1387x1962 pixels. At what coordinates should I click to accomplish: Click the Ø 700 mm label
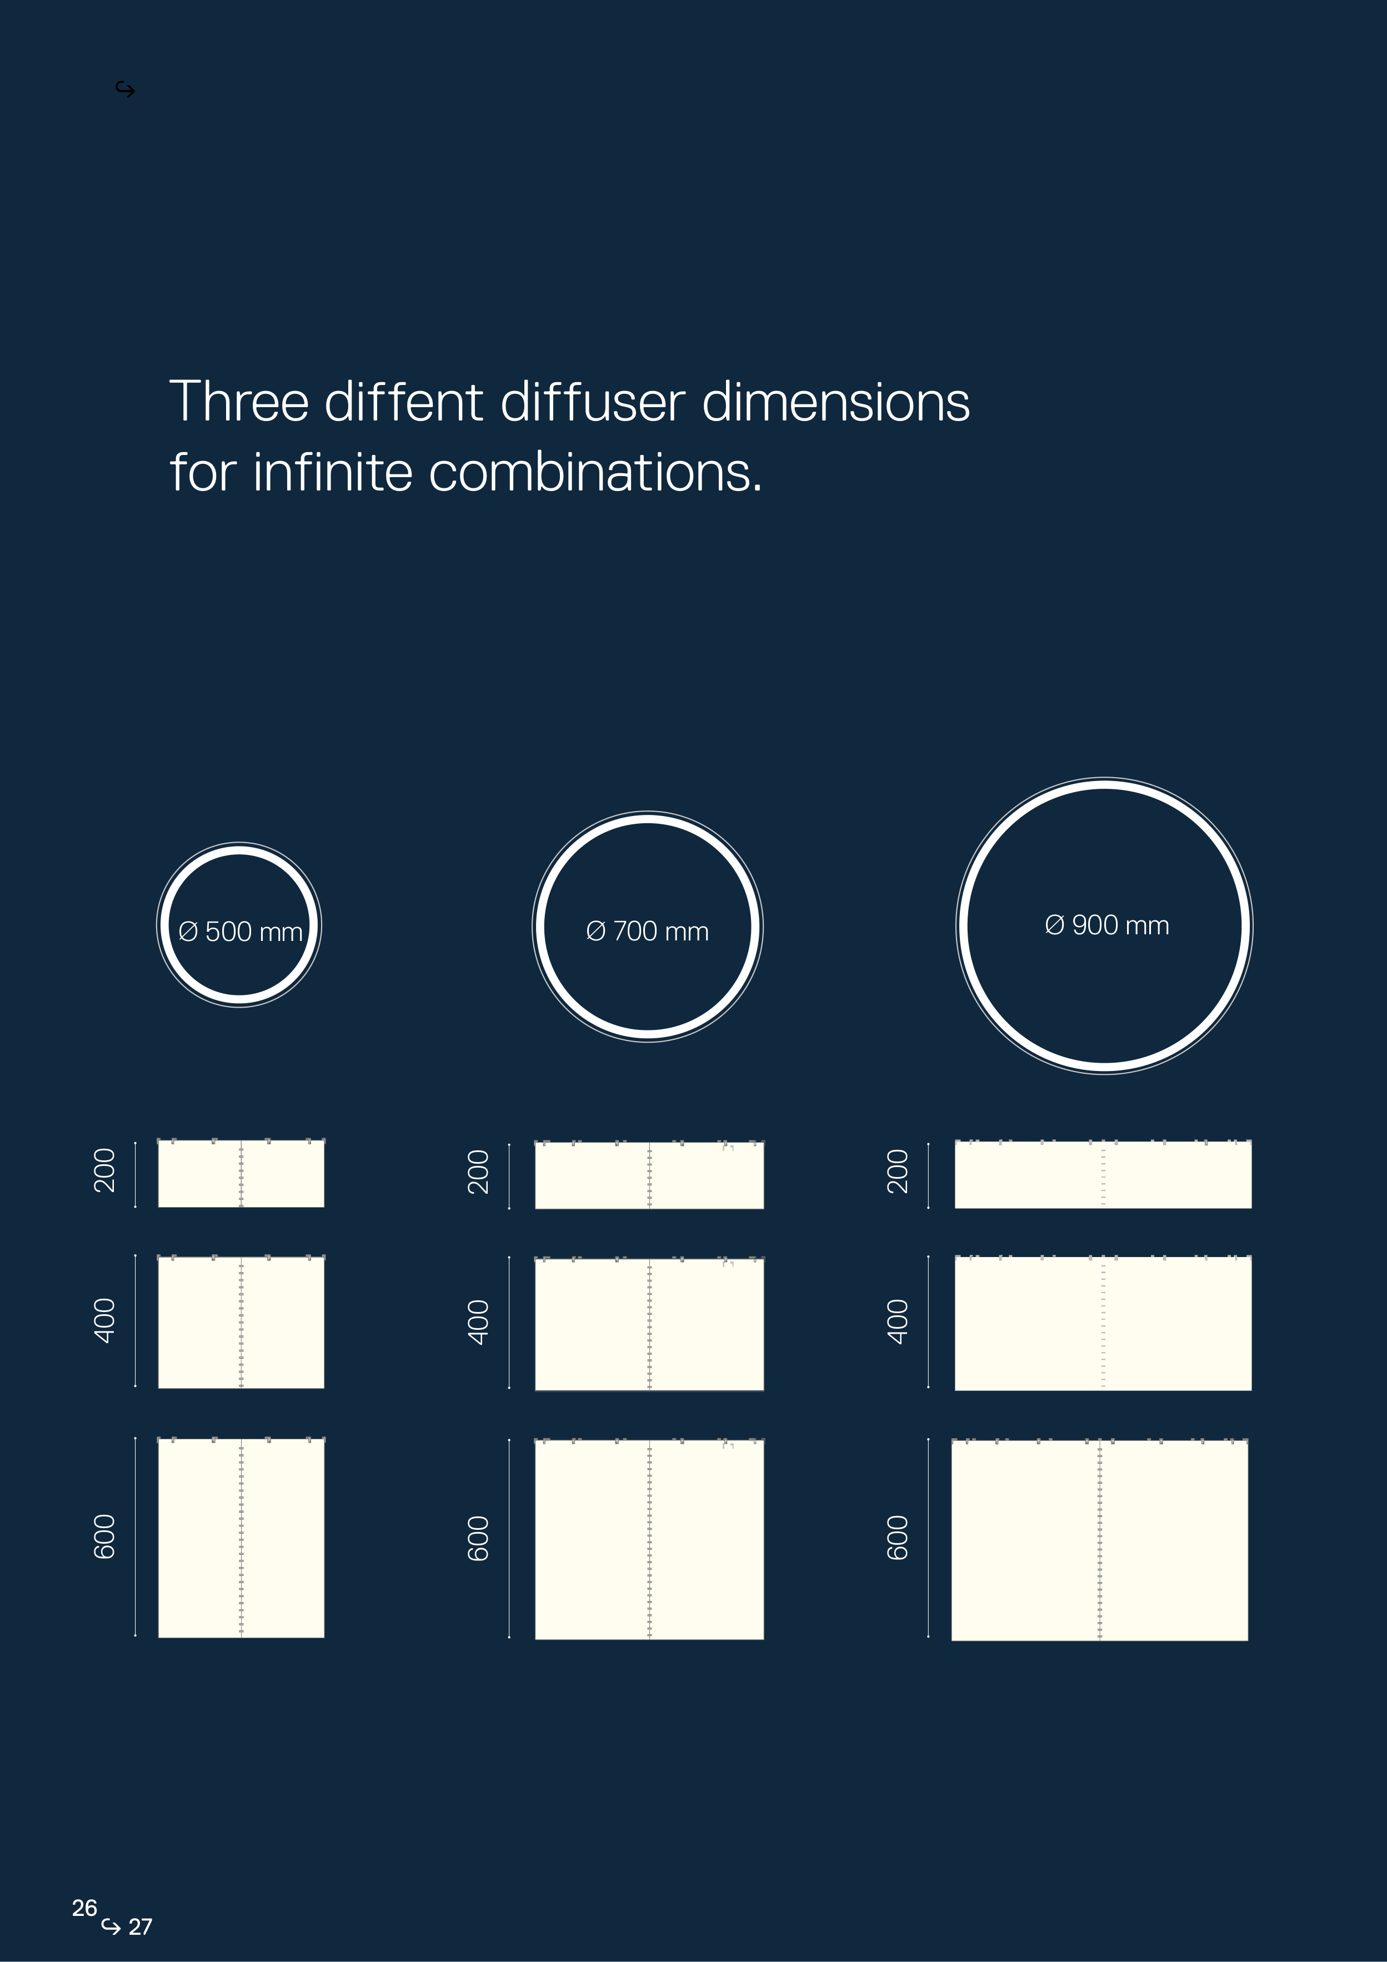pos(648,932)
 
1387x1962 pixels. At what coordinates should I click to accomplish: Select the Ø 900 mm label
pos(1106,925)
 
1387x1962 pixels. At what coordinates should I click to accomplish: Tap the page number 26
pos(84,1908)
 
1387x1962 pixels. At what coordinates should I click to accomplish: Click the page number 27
pos(140,1927)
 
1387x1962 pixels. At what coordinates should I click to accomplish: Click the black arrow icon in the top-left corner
pos(126,90)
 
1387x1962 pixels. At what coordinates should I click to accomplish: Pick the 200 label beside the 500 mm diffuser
pos(104,1171)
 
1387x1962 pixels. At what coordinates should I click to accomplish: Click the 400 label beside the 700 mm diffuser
pos(479,1323)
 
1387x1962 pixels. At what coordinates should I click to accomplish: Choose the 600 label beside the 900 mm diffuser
pos(897,1538)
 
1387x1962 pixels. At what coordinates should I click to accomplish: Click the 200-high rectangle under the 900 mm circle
pos(1103,1174)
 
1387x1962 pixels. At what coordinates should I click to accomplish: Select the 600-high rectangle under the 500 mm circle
pos(241,1538)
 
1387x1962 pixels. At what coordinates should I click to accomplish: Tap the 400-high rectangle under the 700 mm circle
pos(649,1324)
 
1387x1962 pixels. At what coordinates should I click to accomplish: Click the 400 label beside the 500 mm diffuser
pos(104,1321)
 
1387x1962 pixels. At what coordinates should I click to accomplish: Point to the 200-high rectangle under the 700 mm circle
pos(649,1175)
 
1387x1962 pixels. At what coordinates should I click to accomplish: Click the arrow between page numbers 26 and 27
pos(111,1926)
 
